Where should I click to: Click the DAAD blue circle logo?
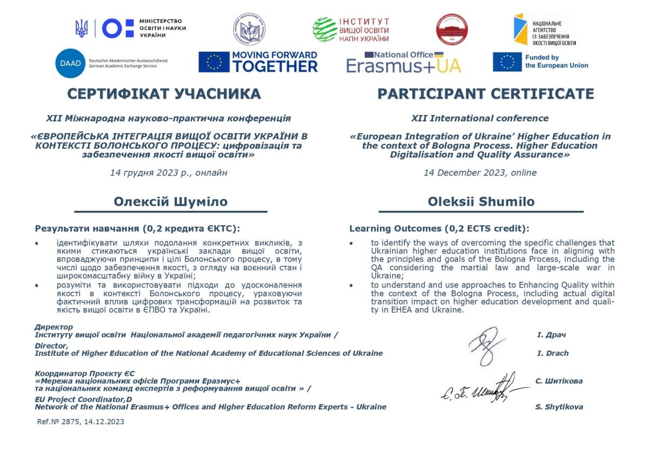point(70,63)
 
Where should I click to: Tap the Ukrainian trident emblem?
point(82,28)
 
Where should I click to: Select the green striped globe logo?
point(325,30)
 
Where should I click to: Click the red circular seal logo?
point(452,30)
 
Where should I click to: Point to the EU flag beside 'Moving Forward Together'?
point(214,62)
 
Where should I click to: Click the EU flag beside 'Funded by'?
point(507,62)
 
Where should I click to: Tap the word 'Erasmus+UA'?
point(403,66)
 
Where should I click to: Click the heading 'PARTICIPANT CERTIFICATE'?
point(485,94)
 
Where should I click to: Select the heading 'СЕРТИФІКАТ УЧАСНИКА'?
point(164,94)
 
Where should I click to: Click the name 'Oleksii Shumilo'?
point(481,202)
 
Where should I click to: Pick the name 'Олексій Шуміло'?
point(170,202)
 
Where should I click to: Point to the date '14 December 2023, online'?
point(480,173)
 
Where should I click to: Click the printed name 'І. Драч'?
point(551,335)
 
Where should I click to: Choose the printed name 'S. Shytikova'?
point(559,407)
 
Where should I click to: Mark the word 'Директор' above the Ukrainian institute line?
point(54,327)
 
